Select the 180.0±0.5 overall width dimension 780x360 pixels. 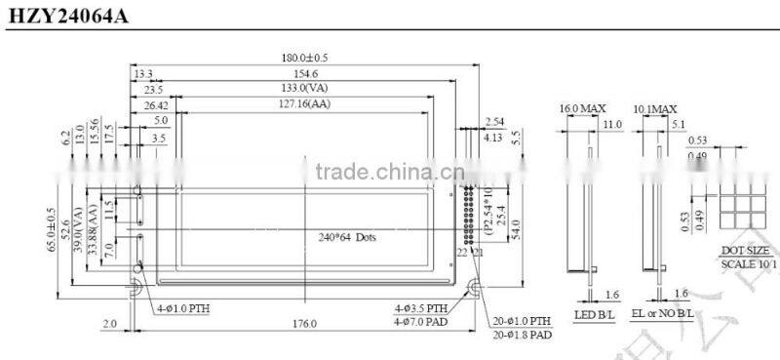click(x=305, y=58)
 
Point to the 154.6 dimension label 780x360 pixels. click(x=305, y=73)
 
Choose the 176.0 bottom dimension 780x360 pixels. click(x=305, y=324)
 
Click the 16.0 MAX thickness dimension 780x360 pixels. click(x=577, y=107)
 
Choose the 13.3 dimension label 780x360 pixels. click(x=143, y=73)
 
